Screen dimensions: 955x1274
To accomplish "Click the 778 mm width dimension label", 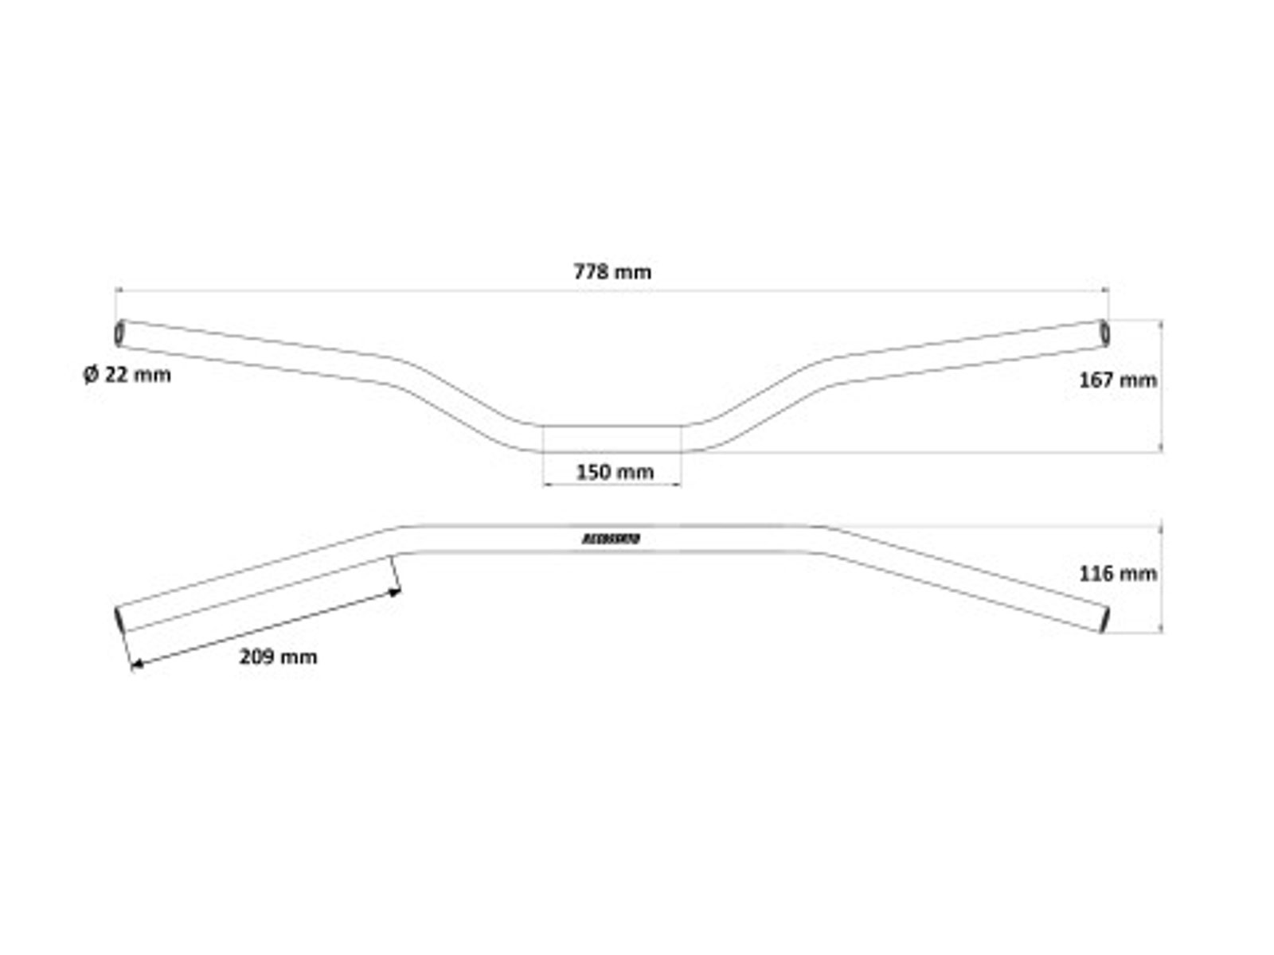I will (x=612, y=272).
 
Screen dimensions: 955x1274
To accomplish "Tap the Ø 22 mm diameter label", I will (x=127, y=374).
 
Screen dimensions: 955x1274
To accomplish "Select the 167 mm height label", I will (x=1117, y=380).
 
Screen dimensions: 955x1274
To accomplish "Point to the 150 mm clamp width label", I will (x=615, y=472).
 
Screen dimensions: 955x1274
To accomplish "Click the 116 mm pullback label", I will (x=1117, y=574).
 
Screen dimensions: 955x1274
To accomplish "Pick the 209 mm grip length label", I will (x=278, y=657).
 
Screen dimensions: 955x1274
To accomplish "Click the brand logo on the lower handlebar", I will (x=612, y=540).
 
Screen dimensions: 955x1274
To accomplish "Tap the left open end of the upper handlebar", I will (x=119, y=333).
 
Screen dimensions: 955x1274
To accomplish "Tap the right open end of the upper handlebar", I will (x=1105, y=333).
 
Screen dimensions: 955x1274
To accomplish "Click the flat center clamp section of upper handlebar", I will (x=612, y=439).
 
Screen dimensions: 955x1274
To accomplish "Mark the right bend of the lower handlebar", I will (x=822, y=539).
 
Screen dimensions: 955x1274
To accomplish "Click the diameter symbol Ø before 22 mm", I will (x=90, y=374).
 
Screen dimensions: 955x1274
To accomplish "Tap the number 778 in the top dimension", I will (x=591, y=272).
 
